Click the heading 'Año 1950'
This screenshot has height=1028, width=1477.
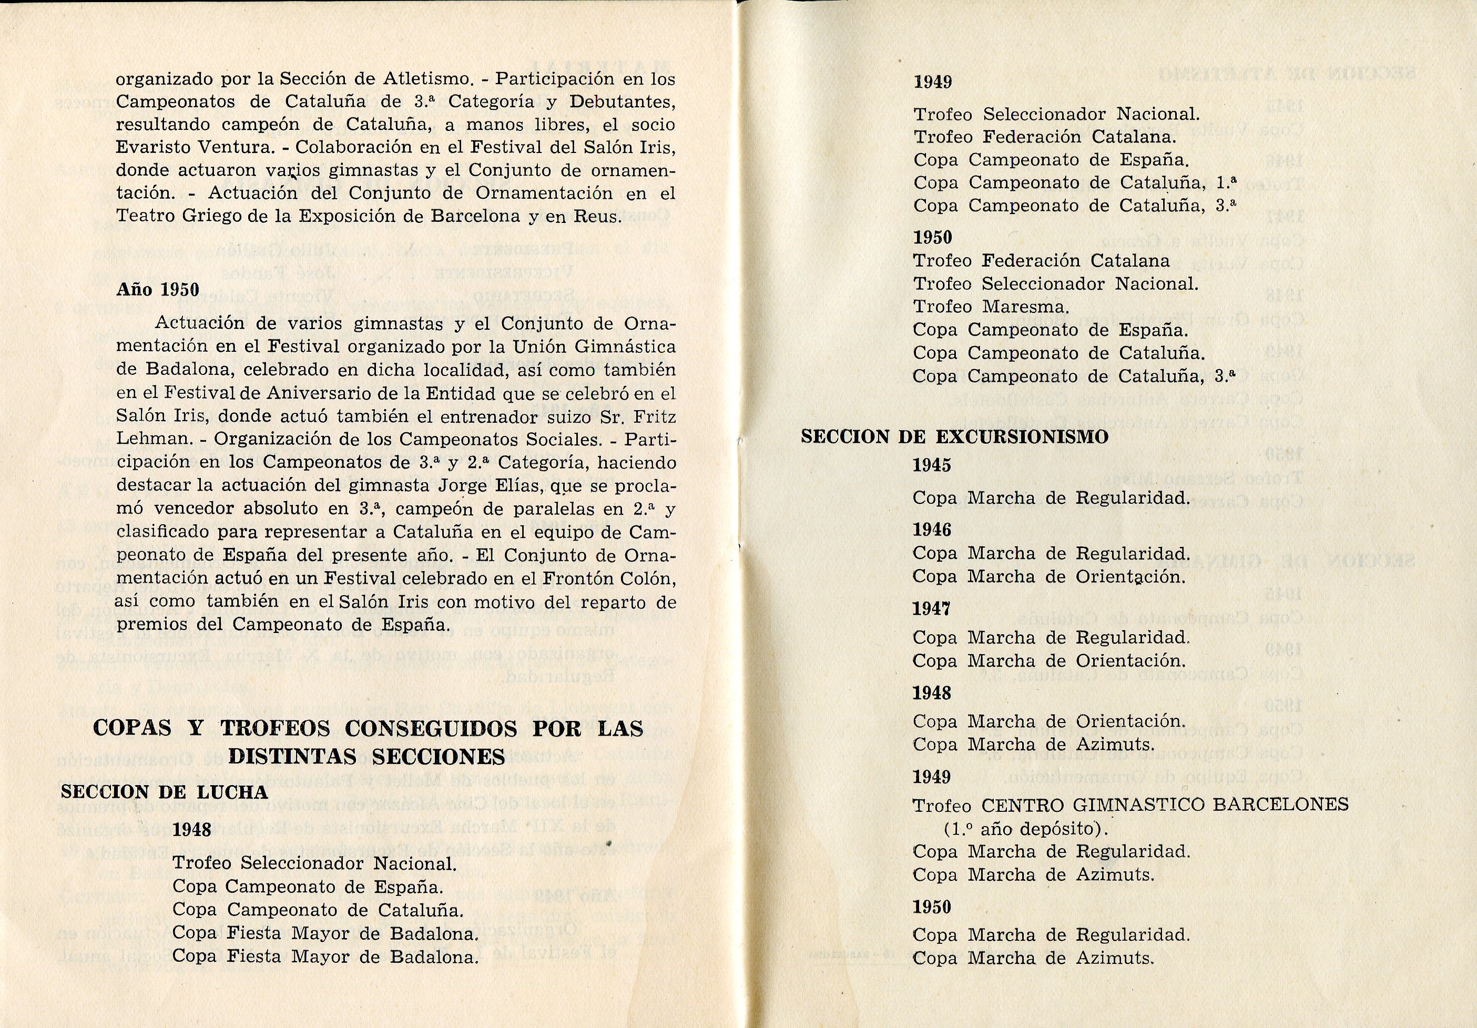(158, 290)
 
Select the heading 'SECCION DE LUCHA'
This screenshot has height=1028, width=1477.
(164, 792)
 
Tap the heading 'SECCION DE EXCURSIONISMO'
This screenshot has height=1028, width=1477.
(955, 437)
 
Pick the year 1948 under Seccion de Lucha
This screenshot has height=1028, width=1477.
(192, 830)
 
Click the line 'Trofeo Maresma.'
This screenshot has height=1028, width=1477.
(991, 308)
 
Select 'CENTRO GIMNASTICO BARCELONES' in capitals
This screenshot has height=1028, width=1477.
(1164, 805)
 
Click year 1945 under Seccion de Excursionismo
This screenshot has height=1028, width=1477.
(932, 465)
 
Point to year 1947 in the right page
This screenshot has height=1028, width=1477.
(932, 608)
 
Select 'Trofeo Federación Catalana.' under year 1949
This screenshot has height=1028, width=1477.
(1045, 137)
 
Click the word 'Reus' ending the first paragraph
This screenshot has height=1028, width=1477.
(598, 216)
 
